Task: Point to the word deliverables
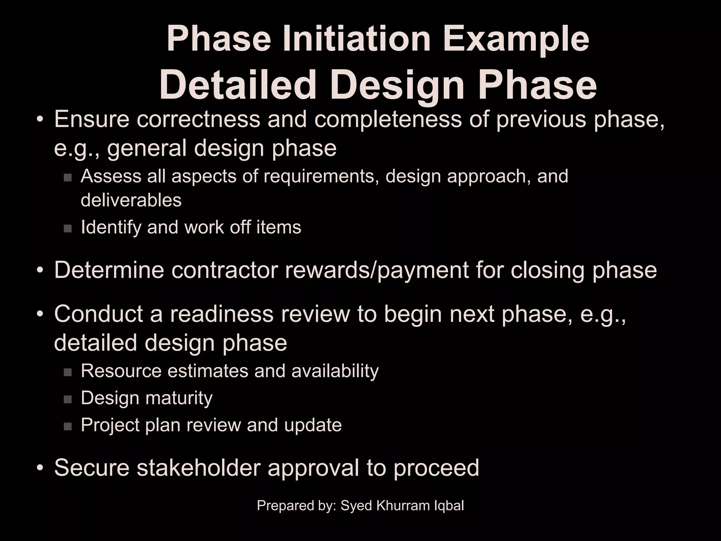point(131,200)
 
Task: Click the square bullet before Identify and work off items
point(68,229)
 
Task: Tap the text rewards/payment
point(377,270)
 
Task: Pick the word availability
point(335,371)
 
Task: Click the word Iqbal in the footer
point(449,506)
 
